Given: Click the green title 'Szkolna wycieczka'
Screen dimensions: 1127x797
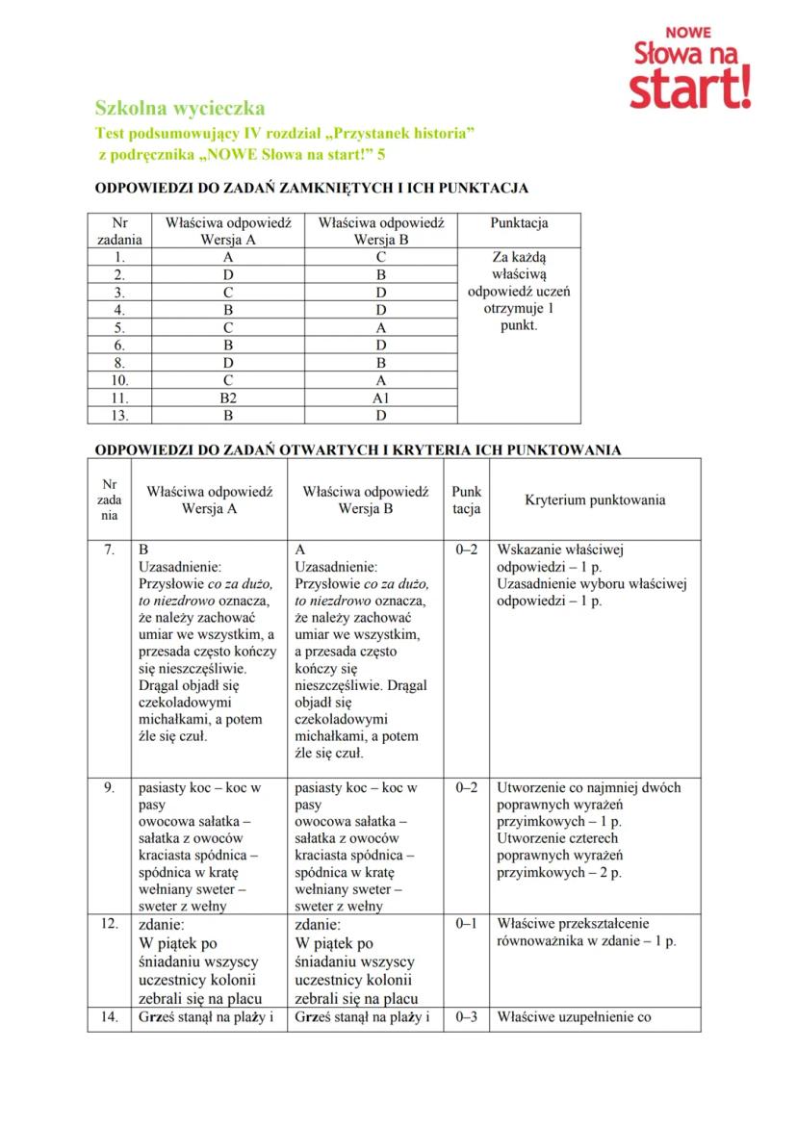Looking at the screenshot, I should pyautogui.click(x=179, y=109).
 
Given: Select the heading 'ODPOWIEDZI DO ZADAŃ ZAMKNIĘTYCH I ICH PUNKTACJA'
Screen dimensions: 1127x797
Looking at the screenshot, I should pyautogui.click(x=311, y=188).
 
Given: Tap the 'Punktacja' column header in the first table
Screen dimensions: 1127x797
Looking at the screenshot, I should pyautogui.click(x=519, y=223).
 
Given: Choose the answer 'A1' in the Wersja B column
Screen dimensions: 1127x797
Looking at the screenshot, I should pyautogui.click(x=380, y=397).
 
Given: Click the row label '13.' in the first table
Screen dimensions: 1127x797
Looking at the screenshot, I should pyautogui.click(x=119, y=416).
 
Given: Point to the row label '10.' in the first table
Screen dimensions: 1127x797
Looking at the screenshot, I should pyautogui.click(x=119, y=379).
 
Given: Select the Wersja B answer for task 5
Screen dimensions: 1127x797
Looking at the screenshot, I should pyautogui.click(x=380, y=327).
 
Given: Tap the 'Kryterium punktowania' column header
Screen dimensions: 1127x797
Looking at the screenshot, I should pyautogui.click(x=595, y=500).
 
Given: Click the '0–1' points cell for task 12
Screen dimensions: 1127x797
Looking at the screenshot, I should pyautogui.click(x=466, y=923).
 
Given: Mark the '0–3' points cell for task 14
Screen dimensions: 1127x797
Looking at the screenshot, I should pyautogui.click(x=466, y=1016).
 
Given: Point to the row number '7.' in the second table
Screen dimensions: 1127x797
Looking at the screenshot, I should pyautogui.click(x=109, y=551).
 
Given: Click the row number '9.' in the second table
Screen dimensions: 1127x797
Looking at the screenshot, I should pyautogui.click(x=109, y=787).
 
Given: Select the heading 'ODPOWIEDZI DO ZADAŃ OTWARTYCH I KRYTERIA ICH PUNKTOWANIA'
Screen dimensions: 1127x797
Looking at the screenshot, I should pyautogui.click(x=356, y=449).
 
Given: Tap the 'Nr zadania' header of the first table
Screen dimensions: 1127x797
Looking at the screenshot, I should pyautogui.click(x=119, y=231).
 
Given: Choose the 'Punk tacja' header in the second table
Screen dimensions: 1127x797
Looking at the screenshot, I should pyautogui.click(x=466, y=500).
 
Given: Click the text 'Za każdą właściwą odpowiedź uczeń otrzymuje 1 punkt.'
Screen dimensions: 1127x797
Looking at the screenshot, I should pyautogui.click(x=519, y=292).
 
